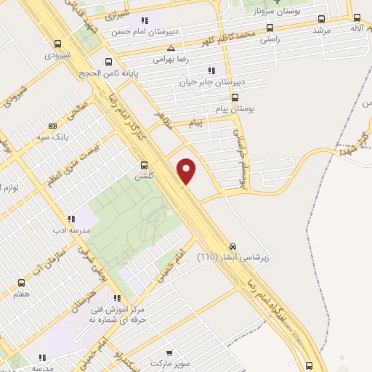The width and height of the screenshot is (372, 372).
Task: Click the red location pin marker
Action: pyautogui.click(x=187, y=171)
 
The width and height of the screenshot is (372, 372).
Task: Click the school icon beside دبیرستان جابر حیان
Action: pyautogui.click(x=211, y=70)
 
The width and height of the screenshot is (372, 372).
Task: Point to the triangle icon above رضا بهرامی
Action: pyautogui.click(x=170, y=48)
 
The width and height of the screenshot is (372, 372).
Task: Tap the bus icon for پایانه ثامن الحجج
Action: pyautogui.click(x=109, y=62)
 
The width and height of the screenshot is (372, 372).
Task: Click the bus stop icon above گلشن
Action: pyautogui.click(x=144, y=165)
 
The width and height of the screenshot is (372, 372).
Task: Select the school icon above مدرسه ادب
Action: pyautogui.click(x=71, y=218)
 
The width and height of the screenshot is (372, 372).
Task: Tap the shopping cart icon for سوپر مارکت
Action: pyautogui.click(x=169, y=350)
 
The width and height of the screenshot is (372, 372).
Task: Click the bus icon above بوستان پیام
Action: pyautogui.click(x=234, y=97)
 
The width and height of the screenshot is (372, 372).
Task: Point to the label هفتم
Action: pyautogui.click(x=21, y=295)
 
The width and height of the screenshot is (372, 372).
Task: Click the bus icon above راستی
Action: pyautogui.click(x=270, y=28)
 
